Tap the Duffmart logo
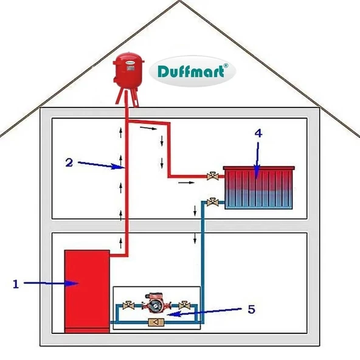pyautogui.click(x=195, y=72)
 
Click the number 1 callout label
pyautogui.click(x=16, y=283)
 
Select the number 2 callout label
pyautogui.click(x=69, y=162)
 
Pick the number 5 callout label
pyautogui.click(x=251, y=309)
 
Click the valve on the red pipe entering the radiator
pyautogui.click(x=212, y=178)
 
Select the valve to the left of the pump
pyautogui.click(x=129, y=305)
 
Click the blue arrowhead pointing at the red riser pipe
pyautogui.click(x=120, y=166)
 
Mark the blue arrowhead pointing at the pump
pyautogui.click(x=171, y=314)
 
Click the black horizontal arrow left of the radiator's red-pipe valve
pyautogui.click(x=189, y=182)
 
